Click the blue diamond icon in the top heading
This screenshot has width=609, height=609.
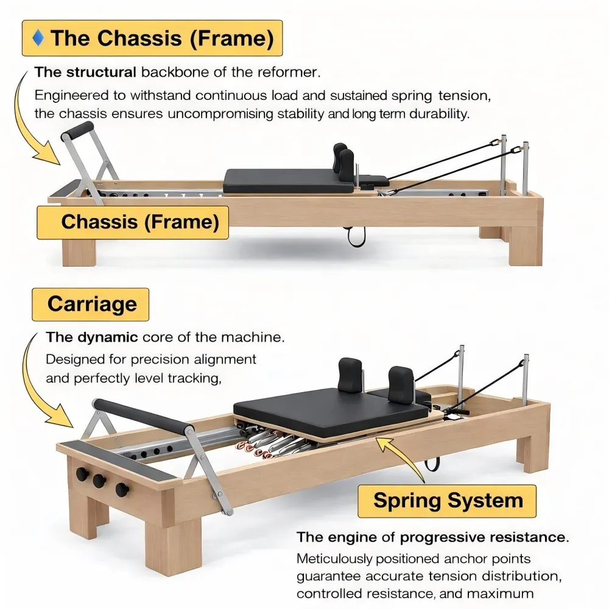point(40,38)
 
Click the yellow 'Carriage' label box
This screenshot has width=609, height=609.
point(91,304)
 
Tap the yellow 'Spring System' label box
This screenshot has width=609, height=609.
point(448,501)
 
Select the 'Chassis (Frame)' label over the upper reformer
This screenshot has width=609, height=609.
point(139,222)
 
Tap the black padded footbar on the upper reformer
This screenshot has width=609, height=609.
point(80,130)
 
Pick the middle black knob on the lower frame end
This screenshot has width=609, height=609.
point(99,481)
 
